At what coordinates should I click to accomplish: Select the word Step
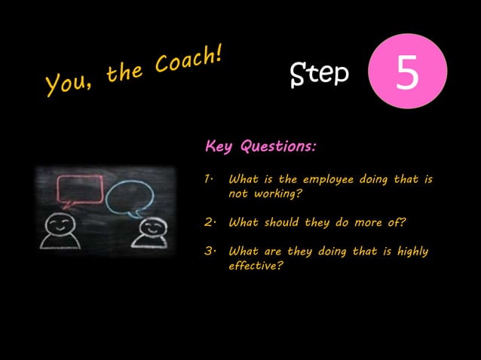click(x=320, y=73)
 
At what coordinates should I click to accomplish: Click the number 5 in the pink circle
click(x=408, y=73)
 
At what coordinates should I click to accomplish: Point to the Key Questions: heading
click(x=260, y=145)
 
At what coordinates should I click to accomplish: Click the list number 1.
click(x=209, y=179)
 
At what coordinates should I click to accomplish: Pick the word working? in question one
click(x=277, y=194)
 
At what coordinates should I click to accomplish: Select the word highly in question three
click(x=413, y=251)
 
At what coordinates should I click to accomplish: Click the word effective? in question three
click(x=256, y=265)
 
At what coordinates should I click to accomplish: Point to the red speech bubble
click(x=80, y=189)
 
